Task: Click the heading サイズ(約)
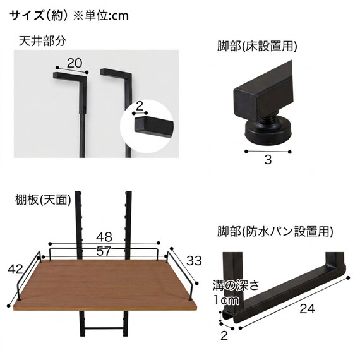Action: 39,16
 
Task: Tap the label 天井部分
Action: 42,41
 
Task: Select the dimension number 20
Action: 75,63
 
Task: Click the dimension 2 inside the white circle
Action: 140,106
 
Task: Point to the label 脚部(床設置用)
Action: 257,46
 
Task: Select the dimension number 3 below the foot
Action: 268,160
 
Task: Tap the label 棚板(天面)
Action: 43,200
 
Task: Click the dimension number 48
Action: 104,237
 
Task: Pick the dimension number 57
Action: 104,251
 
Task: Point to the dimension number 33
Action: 194,261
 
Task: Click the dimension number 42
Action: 15,269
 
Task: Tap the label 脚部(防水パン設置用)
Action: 275,231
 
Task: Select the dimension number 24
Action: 307,309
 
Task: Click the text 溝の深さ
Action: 236,285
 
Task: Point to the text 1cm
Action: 226,300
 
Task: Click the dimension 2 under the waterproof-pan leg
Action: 224,336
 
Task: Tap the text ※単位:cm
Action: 101,16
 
